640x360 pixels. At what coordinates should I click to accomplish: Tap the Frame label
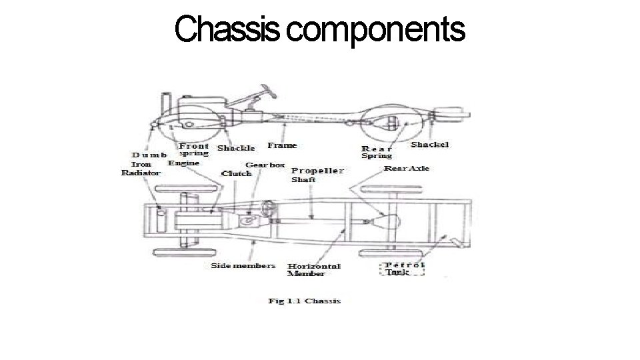(282, 145)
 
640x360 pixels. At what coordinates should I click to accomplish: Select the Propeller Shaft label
(317, 174)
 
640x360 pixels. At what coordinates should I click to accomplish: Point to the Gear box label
(265, 164)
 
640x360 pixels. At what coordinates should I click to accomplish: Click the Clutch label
(236, 173)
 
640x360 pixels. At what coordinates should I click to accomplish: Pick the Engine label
(183, 163)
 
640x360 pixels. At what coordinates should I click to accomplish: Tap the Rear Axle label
(407, 168)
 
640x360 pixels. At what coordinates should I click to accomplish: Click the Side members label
(243, 265)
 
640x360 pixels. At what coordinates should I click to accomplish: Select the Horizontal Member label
(313, 269)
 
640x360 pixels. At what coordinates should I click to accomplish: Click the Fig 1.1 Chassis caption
(304, 301)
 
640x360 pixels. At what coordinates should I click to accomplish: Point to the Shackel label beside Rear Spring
(429, 145)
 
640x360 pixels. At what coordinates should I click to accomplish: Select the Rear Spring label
(377, 152)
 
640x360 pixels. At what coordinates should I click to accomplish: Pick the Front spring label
(193, 149)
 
